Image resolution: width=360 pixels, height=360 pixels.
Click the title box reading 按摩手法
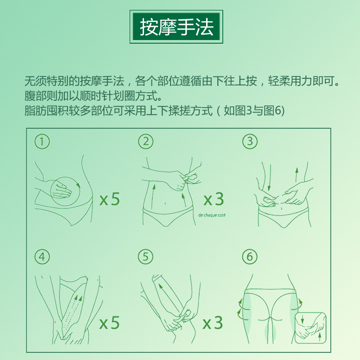176,27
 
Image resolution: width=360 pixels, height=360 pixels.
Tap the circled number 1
42,141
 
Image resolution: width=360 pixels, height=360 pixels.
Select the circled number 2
146,141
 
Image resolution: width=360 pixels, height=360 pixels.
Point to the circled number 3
250,141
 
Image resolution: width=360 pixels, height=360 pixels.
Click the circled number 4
42,256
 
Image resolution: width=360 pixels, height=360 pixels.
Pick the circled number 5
146,256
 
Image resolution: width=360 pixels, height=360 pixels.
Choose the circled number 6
250,256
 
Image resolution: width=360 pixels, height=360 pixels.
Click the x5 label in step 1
110,199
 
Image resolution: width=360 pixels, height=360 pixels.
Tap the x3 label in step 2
214,199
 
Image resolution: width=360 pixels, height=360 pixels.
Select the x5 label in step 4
109,323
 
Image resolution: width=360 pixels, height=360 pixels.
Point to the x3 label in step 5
213,323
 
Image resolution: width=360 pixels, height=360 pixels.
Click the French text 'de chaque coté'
212,215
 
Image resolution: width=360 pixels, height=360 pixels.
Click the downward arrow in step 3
270,178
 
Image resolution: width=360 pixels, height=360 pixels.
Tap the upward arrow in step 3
297,175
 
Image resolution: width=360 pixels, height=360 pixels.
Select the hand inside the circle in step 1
61,189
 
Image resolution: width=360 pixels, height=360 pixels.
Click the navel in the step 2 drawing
165,203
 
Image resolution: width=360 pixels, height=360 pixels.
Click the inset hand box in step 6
310,328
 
